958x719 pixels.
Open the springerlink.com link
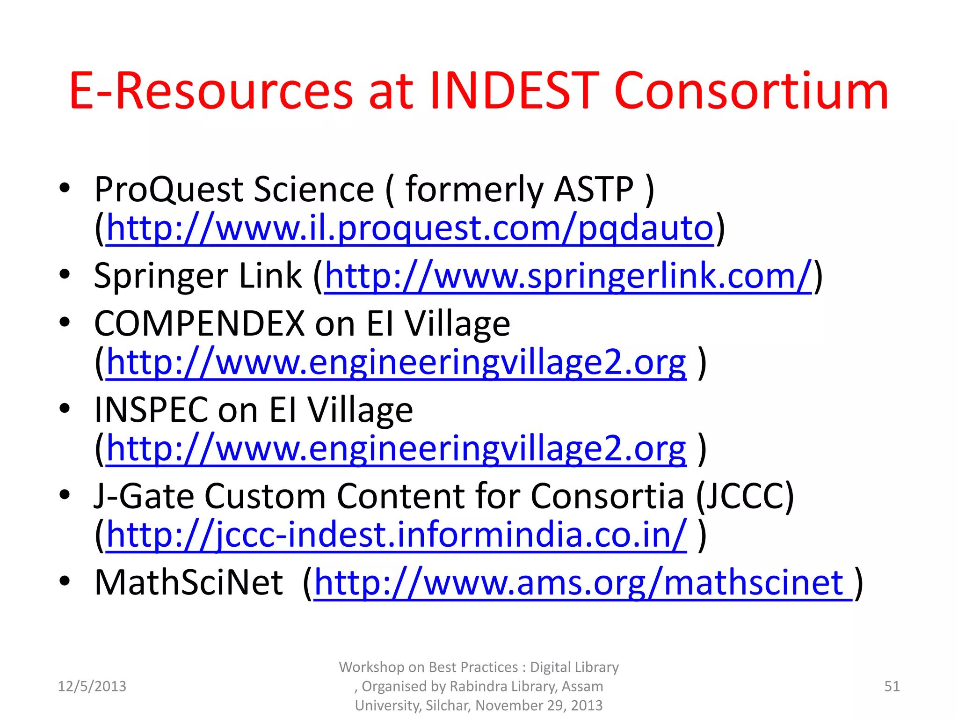[x=568, y=277]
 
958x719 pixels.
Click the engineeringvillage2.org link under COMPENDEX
[x=396, y=363]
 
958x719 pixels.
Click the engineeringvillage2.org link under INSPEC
[x=396, y=449]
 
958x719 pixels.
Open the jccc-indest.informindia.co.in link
[x=396, y=535]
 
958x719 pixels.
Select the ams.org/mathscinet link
[x=582, y=583]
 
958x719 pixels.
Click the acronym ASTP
[x=593, y=190]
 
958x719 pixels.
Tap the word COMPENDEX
[x=199, y=324]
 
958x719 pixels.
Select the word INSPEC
[x=151, y=411]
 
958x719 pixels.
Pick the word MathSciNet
[x=189, y=583]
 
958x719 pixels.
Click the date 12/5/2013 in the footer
[x=92, y=686]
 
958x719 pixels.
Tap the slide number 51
[x=892, y=686]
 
